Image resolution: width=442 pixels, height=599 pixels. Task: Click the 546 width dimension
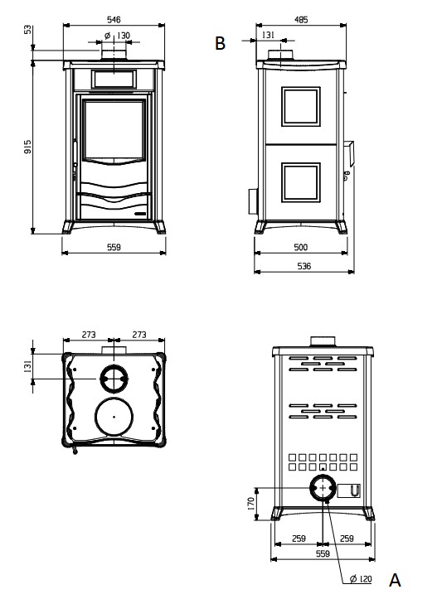[x=114, y=19]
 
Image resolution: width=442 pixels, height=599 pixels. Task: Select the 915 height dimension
[x=27, y=147]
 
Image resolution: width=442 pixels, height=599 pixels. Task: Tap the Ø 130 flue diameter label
[x=118, y=36]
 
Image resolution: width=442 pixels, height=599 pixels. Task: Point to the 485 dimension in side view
[x=301, y=20]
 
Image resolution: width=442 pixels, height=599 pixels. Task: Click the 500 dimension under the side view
[x=300, y=247]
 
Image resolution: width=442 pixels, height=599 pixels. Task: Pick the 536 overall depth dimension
[x=304, y=266]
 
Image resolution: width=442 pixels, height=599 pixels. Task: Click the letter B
[x=220, y=43]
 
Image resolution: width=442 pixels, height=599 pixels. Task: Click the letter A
[x=395, y=580]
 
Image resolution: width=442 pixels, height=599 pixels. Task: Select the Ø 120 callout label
[x=361, y=579]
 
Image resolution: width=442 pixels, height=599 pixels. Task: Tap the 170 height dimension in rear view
[x=250, y=504]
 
